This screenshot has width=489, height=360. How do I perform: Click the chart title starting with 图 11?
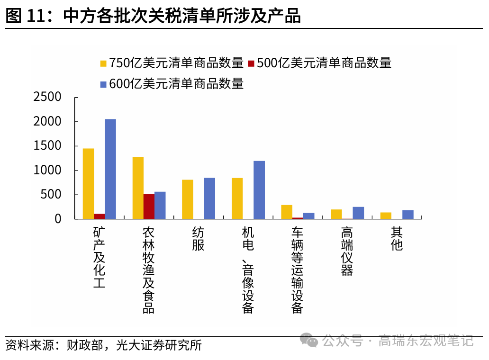pos(153,16)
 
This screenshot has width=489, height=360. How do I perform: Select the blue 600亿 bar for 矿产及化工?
pos(110,169)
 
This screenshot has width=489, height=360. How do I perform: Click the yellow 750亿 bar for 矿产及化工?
pos(89,184)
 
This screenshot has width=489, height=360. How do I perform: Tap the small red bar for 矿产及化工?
pos(100,216)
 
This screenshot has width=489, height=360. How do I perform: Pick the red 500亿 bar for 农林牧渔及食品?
pos(149,207)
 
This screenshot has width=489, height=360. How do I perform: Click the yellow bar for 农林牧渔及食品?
pos(138,188)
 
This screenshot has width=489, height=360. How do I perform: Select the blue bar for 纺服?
pos(209,198)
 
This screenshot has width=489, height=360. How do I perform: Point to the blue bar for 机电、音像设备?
pos(259,190)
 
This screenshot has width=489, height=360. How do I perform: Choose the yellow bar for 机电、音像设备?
pos(237,198)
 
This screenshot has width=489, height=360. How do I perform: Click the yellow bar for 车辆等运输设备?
pos(287,212)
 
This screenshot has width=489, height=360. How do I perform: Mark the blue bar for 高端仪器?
pos(358,213)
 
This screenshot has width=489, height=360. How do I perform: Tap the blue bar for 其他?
pos(408,215)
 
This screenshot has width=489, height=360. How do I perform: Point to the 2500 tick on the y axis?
pos(47,97)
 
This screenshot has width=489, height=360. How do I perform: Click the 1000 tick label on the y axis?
pos(47,171)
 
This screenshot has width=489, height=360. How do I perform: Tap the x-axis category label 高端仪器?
pos(347,252)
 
